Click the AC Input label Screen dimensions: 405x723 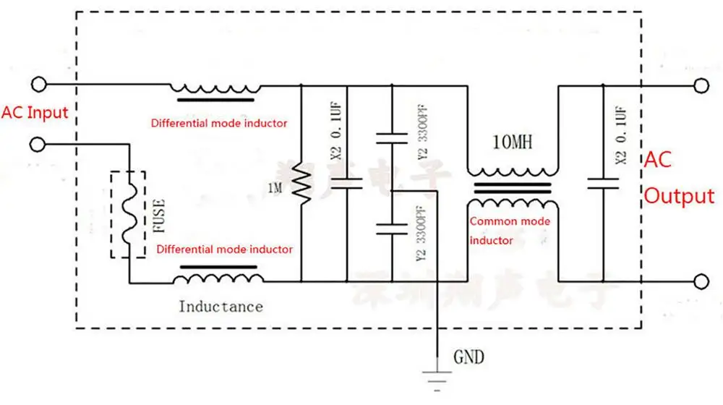[35, 113]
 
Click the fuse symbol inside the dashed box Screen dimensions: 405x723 [128, 214]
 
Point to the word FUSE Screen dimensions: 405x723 [159, 215]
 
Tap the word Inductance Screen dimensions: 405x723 [221, 307]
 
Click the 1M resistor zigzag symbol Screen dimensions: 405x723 [300, 184]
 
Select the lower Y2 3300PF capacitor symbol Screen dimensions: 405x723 [391, 229]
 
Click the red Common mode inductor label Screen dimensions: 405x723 [510, 231]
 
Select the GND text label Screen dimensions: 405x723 [469, 357]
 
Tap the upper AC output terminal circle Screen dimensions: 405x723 [699, 85]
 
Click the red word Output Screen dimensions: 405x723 [679, 196]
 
